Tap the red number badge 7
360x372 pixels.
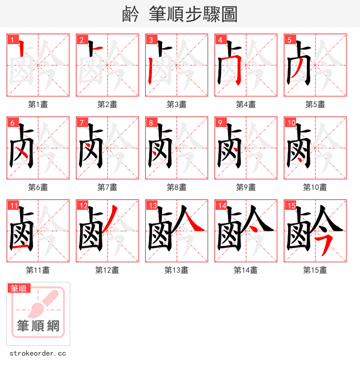tap(82, 122)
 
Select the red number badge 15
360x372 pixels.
tap(290, 206)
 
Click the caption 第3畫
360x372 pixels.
tap(176, 104)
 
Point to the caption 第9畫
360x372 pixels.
tap(246, 187)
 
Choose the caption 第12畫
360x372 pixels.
tap(107, 270)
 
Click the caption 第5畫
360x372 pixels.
tap(315, 104)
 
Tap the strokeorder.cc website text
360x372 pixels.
tap(37, 354)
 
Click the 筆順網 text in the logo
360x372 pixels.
tap(38, 326)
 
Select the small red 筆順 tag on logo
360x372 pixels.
tap(18, 288)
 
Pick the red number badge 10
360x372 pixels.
tap(291, 122)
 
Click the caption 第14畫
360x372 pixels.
tap(246, 270)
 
